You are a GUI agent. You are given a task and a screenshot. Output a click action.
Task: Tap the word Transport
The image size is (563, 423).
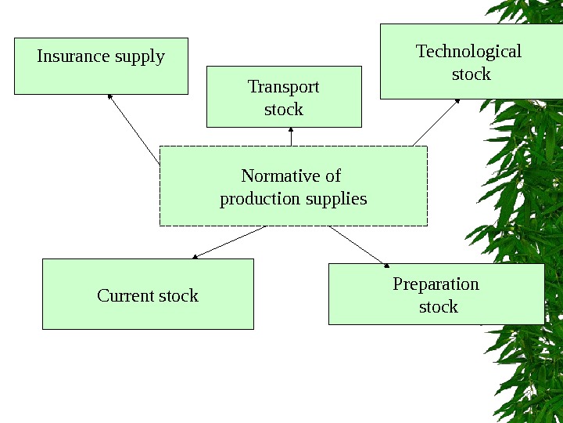283,85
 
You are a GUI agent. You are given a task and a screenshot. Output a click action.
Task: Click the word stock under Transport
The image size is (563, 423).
283,109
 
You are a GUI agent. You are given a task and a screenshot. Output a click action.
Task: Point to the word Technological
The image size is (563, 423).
468,52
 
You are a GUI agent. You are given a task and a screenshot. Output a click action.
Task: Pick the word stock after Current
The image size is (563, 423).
178,296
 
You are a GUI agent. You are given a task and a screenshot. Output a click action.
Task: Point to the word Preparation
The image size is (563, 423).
436,284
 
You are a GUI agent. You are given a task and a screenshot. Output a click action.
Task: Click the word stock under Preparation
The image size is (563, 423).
438,306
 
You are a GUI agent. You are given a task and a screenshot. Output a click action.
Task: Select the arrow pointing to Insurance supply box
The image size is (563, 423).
134,128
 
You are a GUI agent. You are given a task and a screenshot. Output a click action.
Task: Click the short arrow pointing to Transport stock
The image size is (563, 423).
291,136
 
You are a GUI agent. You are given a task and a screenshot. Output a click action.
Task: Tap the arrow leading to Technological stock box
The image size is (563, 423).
436,122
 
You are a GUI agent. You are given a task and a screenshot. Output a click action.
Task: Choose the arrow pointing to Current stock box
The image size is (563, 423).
230,242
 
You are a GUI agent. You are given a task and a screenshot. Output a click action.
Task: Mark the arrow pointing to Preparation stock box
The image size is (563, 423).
359,245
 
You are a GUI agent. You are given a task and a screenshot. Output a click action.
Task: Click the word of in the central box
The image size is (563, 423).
333,175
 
